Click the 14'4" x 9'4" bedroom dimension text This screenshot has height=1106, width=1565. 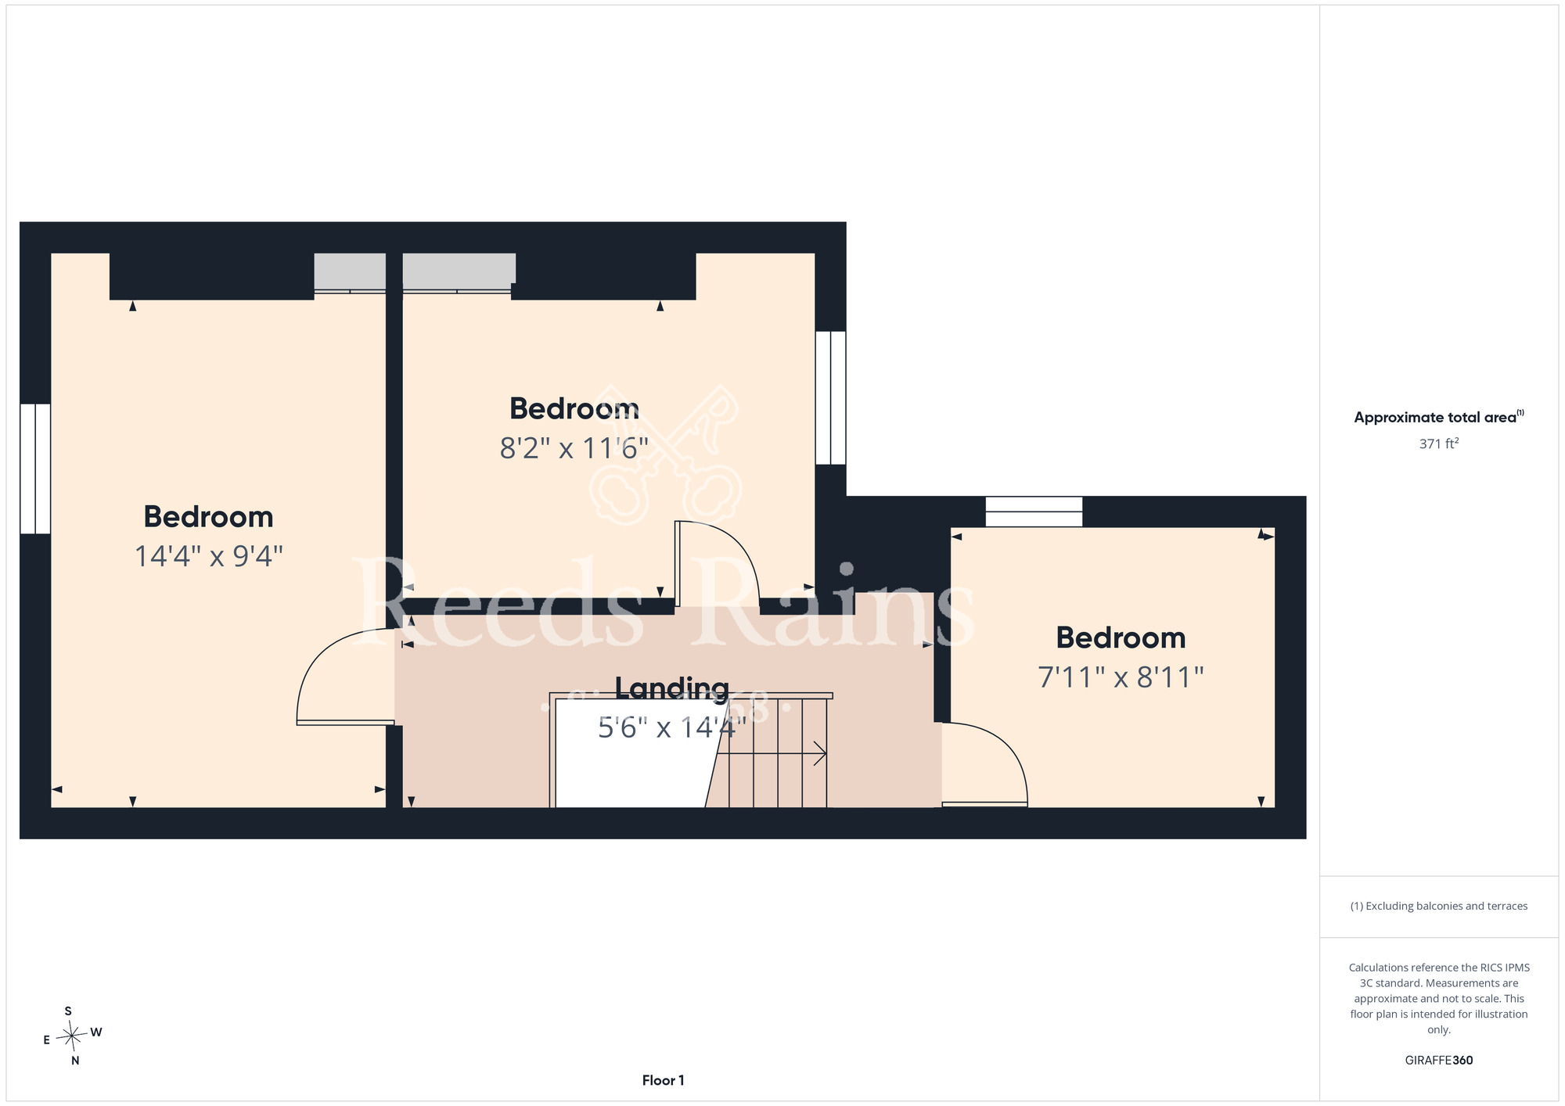[x=209, y=556]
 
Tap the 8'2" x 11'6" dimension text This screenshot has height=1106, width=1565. [x=574, y=448]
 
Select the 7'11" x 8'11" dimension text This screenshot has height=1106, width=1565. [x=1121, y=677]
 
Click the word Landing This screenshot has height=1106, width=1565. [x=672, y=688]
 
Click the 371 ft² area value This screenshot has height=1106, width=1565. [x=1439, y=443]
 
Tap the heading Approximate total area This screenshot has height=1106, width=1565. [x=1439, y=417]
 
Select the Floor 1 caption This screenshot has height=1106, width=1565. [x=663, y=1080]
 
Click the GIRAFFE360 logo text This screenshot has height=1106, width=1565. [x=1439, y=1061]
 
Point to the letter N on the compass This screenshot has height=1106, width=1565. [x=75, y=1061]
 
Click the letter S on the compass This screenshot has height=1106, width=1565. [x=68, y=1011]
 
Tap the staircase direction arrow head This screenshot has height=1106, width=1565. [x=822, y=753]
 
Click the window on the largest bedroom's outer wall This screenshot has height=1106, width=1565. [x=35, y=469]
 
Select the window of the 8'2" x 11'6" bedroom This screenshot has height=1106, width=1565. [x=830, y=397]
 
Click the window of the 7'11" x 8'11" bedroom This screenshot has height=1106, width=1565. [x=1034, y=512]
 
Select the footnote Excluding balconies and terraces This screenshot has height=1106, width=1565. [x=1439, y=906]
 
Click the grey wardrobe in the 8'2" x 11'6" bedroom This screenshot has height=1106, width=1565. [x=459, y=272]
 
